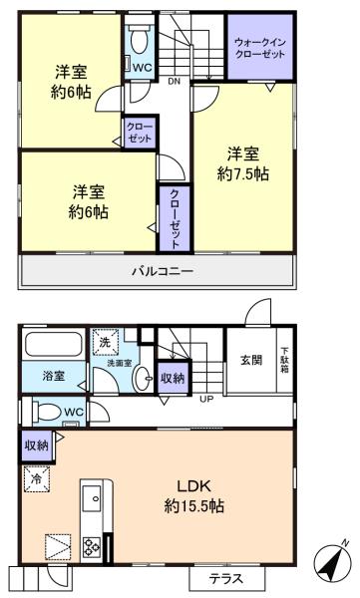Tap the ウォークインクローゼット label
pyautogui.click(x=260, y=47)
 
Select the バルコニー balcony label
pyautogui.click(x=163, y=271)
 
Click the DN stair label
pyautogui.click(x=174, y=81)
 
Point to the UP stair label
pyautogui.click(x=206, y=400)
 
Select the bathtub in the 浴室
pyautogui.click(x=54, y=345)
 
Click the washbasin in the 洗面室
pyautogui.click(x=142, y=379)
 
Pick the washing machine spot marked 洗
pyautogui.click(x=106, y=342)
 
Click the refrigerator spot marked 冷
pyautogui.click(x=37, y=479)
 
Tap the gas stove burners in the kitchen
pyautogui.click(x=92, y=547)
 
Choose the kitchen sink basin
pyautogui.click(x=92, y=499)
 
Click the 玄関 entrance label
pyautogui.click(x=251, y=360)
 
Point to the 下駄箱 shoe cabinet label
pyautogui.click(x=285, y=360)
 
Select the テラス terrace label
pyautogui.click(x=225, y=579)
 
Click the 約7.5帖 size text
pyautogui.click(x=242, y=173)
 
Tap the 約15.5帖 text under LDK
pyautogui.click(x=193, y=506)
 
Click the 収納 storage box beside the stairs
pyautogui.click(x=173, y=378)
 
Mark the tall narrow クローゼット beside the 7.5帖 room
pyautogui.click(x=175, y=218)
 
